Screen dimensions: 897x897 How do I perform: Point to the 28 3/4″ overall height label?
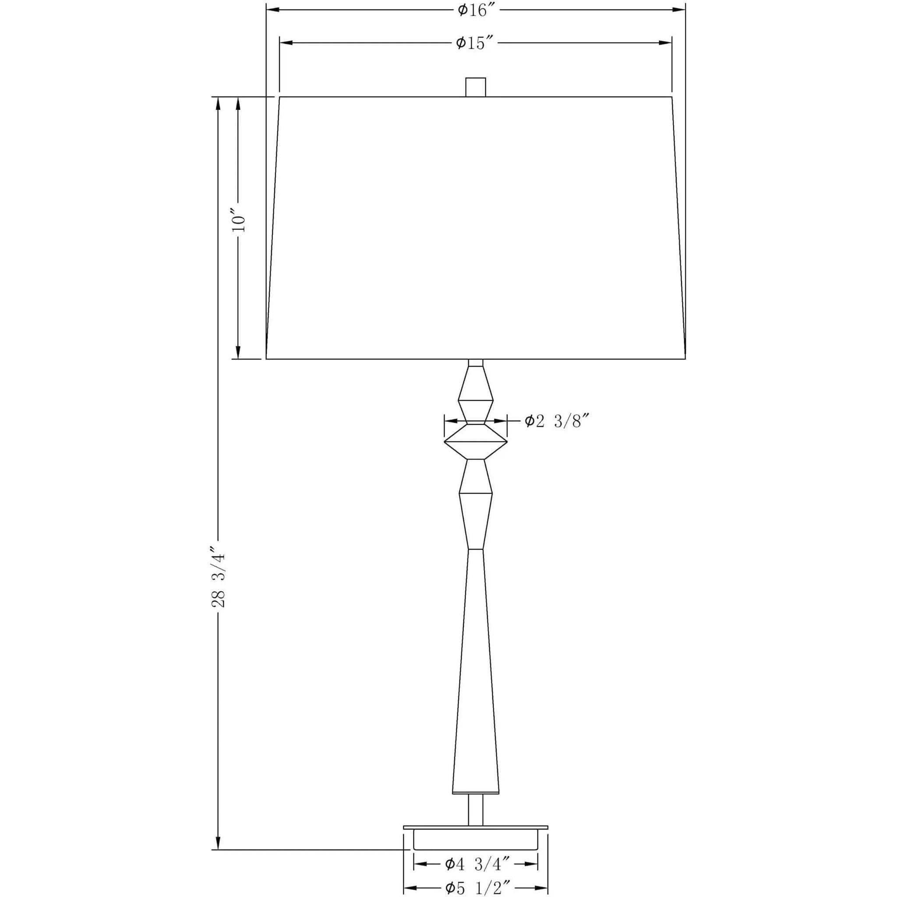pos(218,580)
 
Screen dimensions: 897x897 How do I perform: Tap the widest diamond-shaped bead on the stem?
pos(475,442)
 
